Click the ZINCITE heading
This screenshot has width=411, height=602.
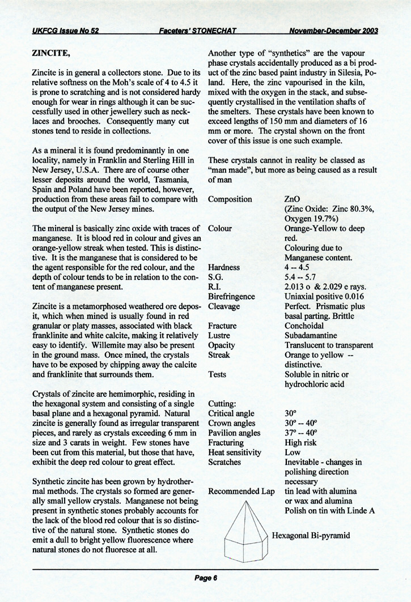pyautogui.click(x=50, y=55)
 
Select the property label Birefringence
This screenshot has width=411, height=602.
pyautogui.click(x=231, y=296)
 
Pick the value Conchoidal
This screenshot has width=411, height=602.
pyautogui.click(x=304, y=326)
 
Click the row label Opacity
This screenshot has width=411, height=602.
pyautogui.click(x=222, y=345)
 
